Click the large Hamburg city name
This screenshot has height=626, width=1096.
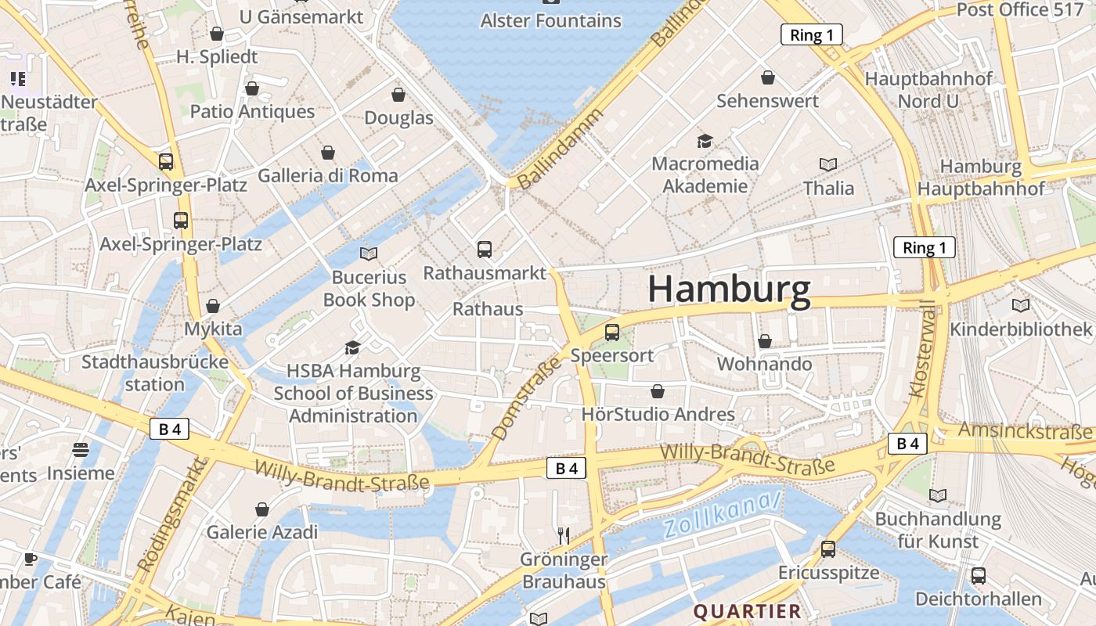[729, 290]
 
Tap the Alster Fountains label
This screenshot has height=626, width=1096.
[550, 20]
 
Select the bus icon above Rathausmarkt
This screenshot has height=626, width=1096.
[485, 250]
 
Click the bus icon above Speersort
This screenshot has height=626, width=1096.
[612, 333]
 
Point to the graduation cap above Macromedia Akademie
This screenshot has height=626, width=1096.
[705, 141]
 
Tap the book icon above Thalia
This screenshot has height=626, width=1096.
[828, 164]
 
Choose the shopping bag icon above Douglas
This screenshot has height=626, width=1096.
[398, 95]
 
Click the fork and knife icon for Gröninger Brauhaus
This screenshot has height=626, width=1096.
[563, 535]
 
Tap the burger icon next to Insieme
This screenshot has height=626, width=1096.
[81, 450]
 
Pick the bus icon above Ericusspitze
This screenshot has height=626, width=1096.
[828, 549]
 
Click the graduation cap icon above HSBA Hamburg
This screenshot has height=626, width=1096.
[353, 347]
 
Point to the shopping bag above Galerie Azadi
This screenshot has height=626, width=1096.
[262, 509]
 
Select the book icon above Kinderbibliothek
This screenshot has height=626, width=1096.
[1020, 305]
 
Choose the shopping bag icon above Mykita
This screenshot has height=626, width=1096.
[213, 306]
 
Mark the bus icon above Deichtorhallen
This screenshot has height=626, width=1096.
[979, 576]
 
